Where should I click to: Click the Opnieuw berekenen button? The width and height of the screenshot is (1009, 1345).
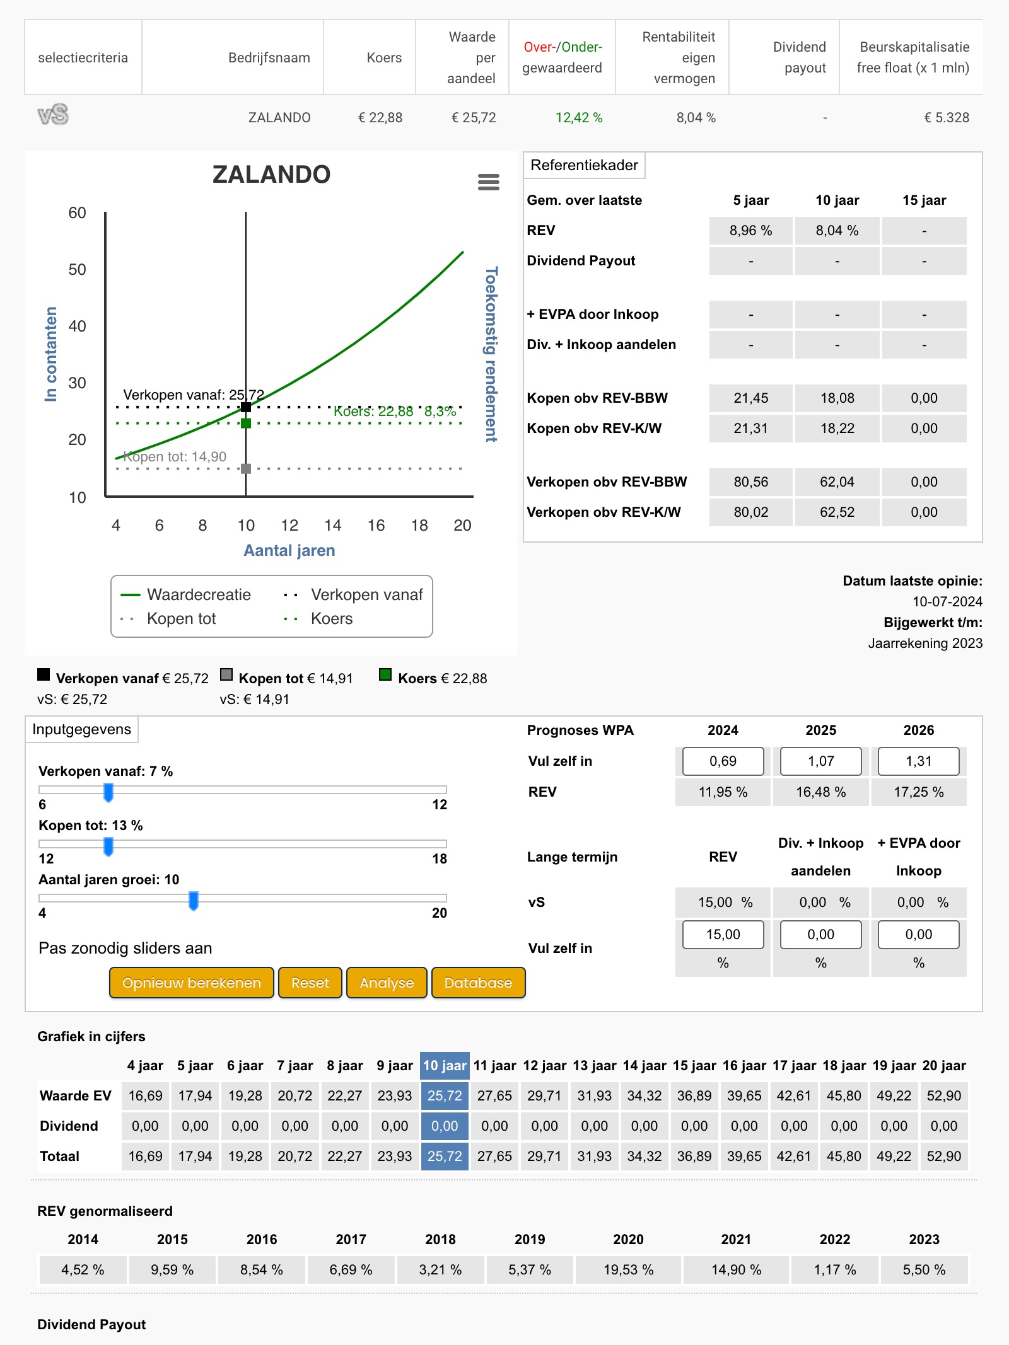click(192, 983)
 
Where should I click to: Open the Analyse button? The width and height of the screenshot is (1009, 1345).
click(387, 983)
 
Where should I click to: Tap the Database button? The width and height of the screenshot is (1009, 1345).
click(478, 983)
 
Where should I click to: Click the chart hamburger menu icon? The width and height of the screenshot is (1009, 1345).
click(489, 182)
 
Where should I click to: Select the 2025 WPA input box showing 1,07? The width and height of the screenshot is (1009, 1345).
click(820, 761)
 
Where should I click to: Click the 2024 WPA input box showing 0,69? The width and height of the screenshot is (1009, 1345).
click(723, 761)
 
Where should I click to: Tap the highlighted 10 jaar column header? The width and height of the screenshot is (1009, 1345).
click(445, 1066)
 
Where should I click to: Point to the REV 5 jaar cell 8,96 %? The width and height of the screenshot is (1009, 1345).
click(750, 231)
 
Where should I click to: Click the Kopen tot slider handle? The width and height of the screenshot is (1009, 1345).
click(108, 846)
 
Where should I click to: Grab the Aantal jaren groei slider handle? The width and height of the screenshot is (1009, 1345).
click(194, 901)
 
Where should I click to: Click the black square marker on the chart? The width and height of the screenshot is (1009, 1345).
click(246, 407)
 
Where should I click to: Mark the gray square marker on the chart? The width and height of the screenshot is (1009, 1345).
click(246, 468)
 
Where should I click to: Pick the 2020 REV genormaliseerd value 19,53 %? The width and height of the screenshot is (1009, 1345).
click(628, 1269)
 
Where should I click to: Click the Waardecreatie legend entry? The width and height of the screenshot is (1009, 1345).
click(186, 594)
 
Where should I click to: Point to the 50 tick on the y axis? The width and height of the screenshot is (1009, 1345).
click(77, 270)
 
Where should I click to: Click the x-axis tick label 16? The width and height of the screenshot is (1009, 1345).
click(376, 526)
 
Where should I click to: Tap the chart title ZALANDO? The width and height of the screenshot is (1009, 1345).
click(271, 175)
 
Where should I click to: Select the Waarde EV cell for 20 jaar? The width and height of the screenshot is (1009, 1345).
click(944, 1096)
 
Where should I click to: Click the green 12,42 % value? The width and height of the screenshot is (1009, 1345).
click(579, 118)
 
